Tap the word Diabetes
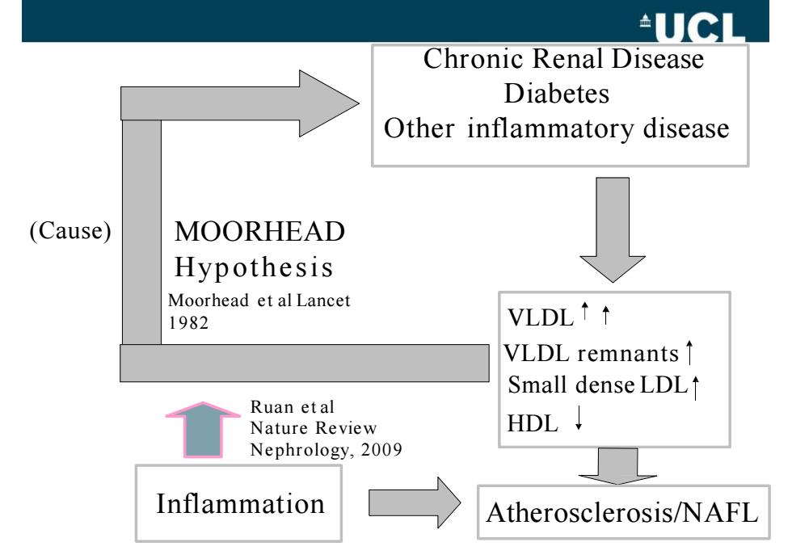[557, 94]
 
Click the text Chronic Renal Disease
[563, 59]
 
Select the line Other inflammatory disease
[557, 128]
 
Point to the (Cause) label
[70, 231]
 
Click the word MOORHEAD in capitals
[259, 232]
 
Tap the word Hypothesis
[254, 267]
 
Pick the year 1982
[188, 322]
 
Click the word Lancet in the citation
[323, 301]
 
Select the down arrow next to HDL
[579, 418]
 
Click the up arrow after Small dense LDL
[696, 387]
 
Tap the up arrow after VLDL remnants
[689, 352]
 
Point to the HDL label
[533, 423]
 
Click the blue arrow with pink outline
[203, 430]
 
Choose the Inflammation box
[238, 503]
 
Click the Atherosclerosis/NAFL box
[623, 512]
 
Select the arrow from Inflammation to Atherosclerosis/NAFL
[415, 503]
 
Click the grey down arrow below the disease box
[613, 229]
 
